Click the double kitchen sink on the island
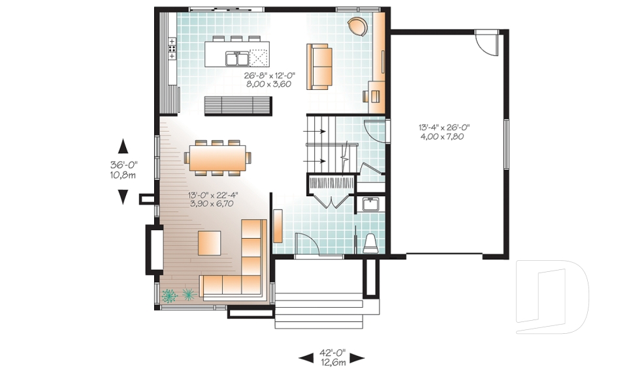click(236, 58)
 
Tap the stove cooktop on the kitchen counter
click(172, 49)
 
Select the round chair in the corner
click(357, 27)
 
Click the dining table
click(217, 158)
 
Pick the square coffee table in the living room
click(210, 243)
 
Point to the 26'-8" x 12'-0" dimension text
click(270, 76)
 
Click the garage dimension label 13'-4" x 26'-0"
click(444, 128)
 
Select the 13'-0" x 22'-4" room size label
click(213, 196)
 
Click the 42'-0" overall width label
click(332, 353)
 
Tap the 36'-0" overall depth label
click(123, 164)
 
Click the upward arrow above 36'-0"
click(123, 146)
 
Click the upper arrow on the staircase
click(314, 130)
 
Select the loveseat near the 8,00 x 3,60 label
click(319, 67)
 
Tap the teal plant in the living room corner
click(169, 295)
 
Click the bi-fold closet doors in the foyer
click(331, 200)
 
